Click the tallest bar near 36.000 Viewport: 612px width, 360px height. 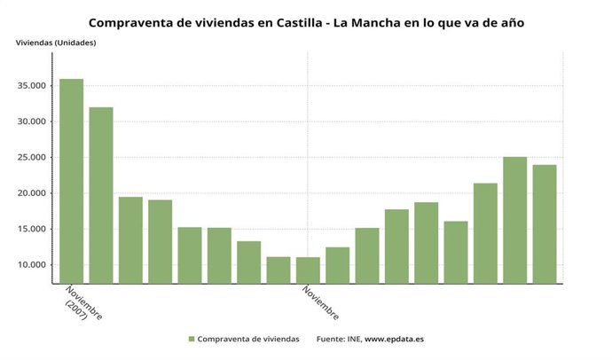pos(71,182)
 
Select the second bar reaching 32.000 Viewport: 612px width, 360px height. pos(100,195)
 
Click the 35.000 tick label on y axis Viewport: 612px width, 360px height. pos(33,86)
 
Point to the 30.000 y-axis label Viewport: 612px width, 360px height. pos(33,122)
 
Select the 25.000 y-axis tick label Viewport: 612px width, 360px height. pos(33,158)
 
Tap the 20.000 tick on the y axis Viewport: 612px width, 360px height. pos(33,193)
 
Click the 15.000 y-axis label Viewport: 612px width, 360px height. pos(33,230)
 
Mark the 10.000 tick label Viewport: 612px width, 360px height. pos(33,265)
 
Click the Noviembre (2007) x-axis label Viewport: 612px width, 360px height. pos(82,304)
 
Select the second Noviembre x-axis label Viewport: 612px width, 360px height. pos(319,302)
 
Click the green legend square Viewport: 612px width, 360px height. pos(191,339)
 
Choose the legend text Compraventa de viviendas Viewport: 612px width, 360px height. pos(248,339)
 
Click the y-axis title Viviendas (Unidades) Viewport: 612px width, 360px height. pos(54,43)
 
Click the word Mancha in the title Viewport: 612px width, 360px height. pos(396,22)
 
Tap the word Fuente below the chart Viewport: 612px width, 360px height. pos(332,339)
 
